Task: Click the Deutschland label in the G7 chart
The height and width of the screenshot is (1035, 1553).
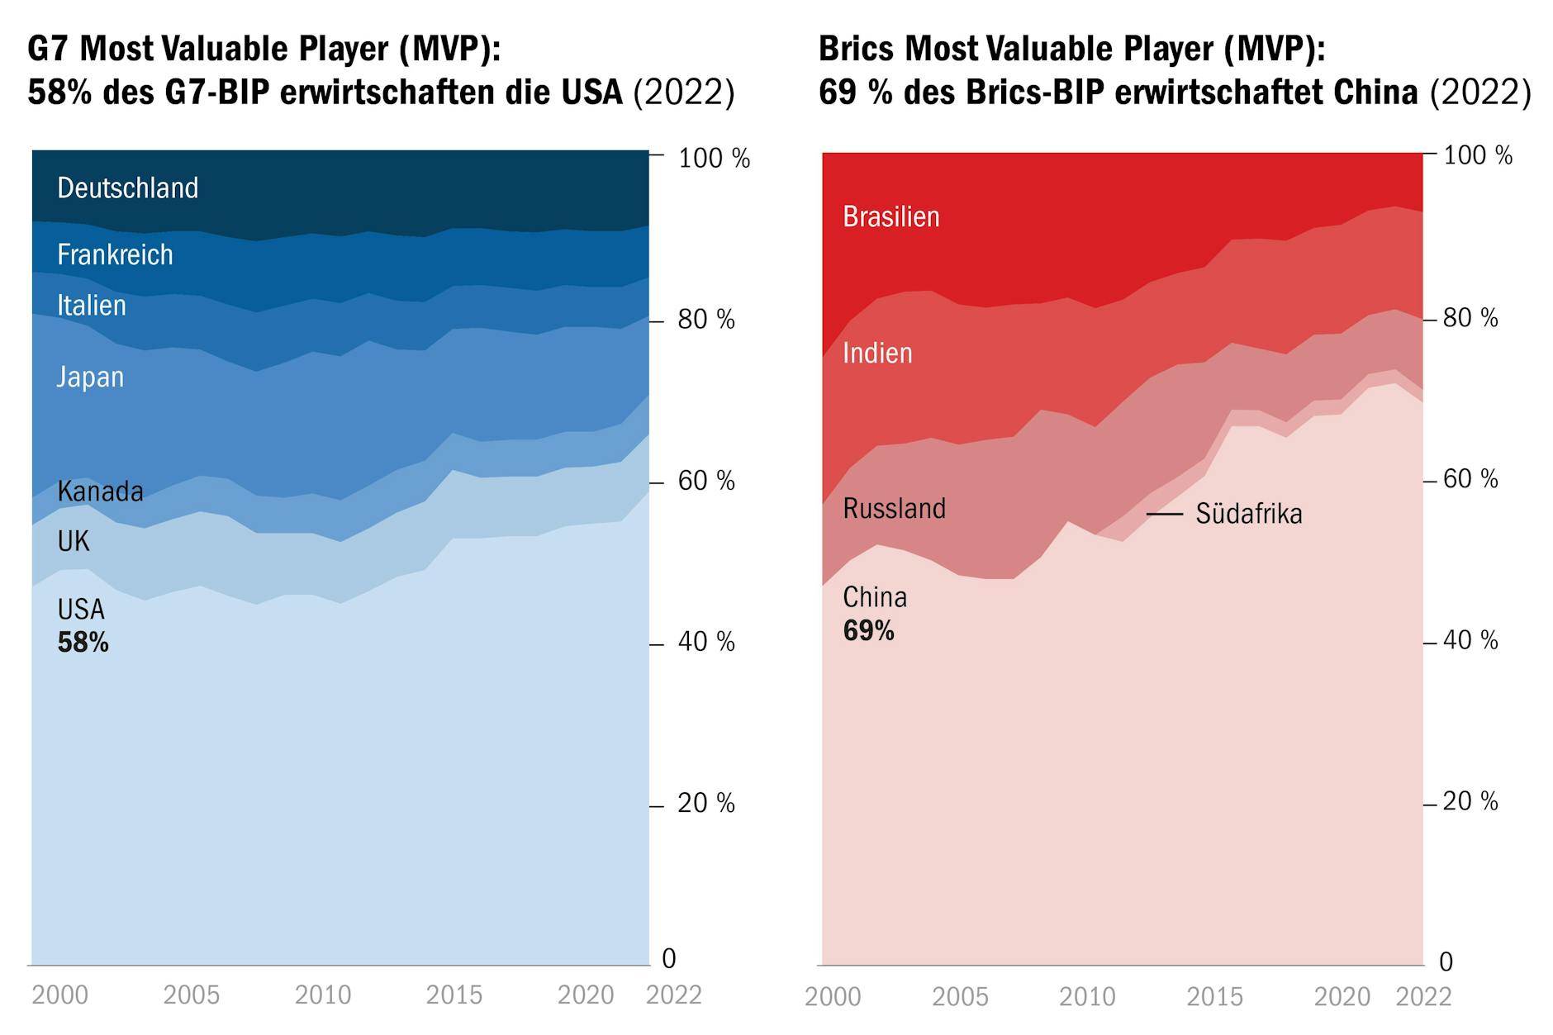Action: [128, 188]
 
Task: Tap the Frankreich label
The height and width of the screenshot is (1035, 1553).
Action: [115, 255]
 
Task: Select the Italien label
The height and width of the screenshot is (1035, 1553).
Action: [92, 306]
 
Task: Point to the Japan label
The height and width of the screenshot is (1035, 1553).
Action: [90, 377]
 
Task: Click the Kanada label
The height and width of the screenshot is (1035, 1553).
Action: [100, 491]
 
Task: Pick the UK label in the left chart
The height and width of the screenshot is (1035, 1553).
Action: [74, 542]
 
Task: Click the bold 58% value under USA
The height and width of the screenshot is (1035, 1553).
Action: [83, 643]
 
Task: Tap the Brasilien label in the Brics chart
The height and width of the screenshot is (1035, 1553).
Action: [891, 217]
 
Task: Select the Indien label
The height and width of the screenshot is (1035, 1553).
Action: [877, 354]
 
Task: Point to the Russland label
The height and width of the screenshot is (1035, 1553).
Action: [894, 509]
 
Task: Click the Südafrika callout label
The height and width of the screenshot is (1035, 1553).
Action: [1248, 514]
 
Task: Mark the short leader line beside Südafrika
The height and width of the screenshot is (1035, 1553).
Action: [1165, 514]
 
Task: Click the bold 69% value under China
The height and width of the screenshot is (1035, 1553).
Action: [868, 631]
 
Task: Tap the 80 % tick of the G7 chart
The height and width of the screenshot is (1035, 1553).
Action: [705, 320]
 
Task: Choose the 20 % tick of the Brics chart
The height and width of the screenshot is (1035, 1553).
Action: [1470, 801]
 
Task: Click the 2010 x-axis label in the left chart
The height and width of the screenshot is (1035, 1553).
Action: [323, 995]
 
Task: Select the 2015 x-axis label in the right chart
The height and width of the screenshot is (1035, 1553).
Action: [1214, 997]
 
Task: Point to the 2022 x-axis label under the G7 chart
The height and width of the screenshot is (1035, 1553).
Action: [673, 995]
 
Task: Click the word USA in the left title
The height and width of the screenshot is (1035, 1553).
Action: [591, 93]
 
